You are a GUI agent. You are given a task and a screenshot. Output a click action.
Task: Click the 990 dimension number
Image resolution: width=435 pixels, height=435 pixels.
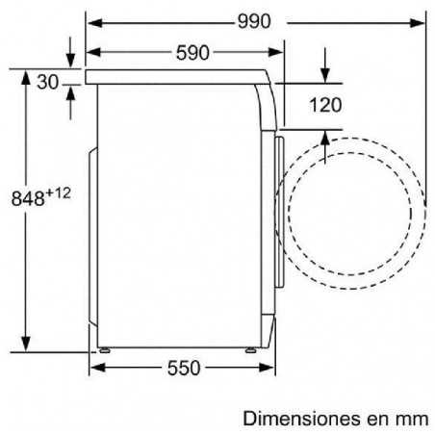click(x=254, y=21)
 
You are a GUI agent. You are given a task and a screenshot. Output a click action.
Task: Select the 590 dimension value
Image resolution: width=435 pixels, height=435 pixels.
click(x=192, y=53)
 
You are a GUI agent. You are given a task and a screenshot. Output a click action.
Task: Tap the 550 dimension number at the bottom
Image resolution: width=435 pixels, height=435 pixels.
click(x=184, y=368)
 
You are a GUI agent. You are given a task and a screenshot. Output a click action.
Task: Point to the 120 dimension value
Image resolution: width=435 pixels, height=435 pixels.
click(x=325, y=105)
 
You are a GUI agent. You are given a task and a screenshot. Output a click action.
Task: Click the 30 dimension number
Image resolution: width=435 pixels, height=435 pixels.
click(x=48, y=82)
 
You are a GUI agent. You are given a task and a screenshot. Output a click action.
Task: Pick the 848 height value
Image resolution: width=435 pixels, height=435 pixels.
click(x=28, y=198)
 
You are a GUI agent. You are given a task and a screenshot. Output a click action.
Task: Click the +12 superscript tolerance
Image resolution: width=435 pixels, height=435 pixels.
click(x=58, y=193)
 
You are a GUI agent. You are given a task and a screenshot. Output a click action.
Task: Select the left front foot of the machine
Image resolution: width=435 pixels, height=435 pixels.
click(x=105, y=350)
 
